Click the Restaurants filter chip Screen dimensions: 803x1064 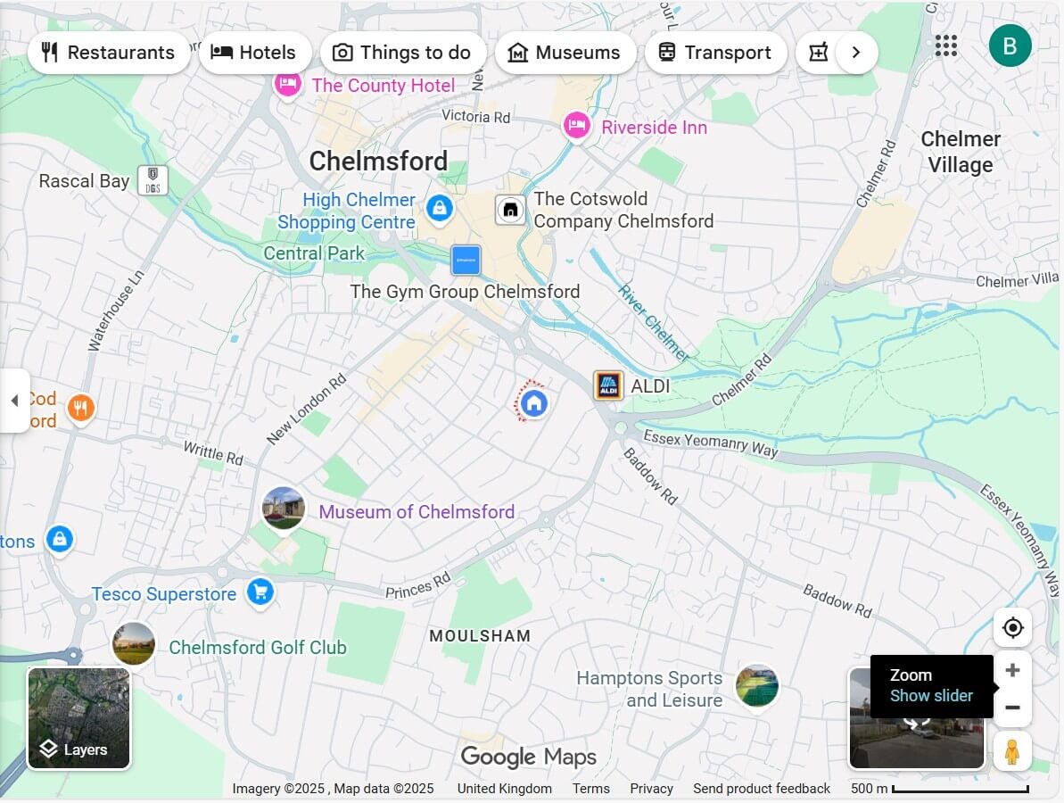click(109, 53)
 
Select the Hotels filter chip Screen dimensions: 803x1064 click(254, 53)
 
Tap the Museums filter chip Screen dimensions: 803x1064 click(565, 53)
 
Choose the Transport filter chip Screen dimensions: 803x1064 click(714, 53)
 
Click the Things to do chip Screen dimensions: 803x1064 click(402, 53)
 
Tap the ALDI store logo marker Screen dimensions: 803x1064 click(608, 386)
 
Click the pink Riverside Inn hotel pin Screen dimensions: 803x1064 click(577, 126)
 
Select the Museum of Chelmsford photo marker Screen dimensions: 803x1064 click(284, 509)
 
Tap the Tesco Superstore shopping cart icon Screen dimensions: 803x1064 click(260, 592)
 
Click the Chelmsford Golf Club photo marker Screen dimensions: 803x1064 click(134, 643)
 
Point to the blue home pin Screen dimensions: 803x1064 click(533, 403)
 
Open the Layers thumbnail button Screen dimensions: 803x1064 click(79, 718)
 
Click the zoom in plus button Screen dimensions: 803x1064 click(1012, 670)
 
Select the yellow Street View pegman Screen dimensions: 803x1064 click(1011, 751)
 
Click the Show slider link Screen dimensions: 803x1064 click(931, 696)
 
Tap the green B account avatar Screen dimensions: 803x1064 click(1010, 46)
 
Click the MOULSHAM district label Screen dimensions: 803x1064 click(480, 636)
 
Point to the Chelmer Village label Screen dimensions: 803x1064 click(961, 152)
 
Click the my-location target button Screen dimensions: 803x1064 click(1012, 628)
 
